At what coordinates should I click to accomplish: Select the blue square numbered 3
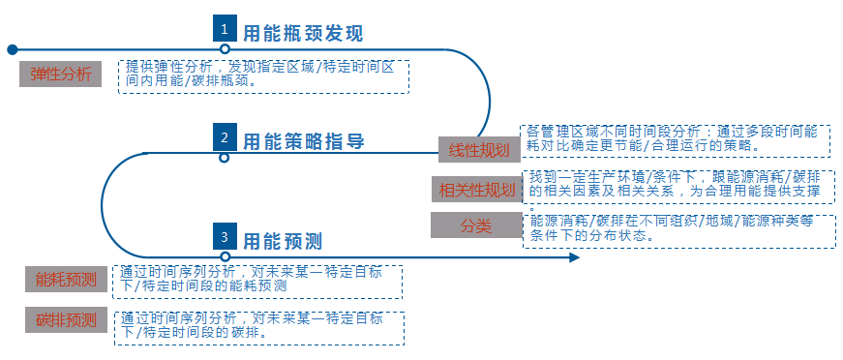[x=225, y=236]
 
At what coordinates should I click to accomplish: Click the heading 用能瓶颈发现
[x=303, y=34]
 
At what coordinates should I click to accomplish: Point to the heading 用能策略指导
[x=303, y=141]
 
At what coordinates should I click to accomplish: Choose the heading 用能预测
[x=282, y=241]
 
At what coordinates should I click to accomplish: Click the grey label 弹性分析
[x=61, y=74]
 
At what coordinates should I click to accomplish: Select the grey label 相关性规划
[x=476, y=189]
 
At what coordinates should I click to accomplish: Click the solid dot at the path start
[x=12, y=48]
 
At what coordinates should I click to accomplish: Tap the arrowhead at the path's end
[x=574, y=257]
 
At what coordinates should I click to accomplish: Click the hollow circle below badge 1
[x=225, y=48]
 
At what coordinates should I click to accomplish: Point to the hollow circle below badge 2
[x=225, y=156]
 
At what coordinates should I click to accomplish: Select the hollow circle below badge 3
[x=225, y=257]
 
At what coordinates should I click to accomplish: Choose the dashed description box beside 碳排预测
[x=259, y=327]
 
